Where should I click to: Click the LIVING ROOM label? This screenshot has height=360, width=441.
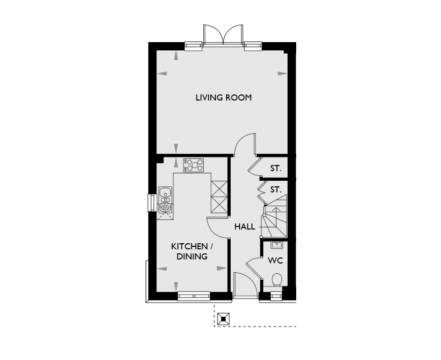coord(224,98)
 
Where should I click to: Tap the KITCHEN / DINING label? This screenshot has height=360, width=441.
coord(192,251)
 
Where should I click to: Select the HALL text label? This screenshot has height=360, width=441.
coord(245,227)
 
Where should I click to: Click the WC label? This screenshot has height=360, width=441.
coord(275,260)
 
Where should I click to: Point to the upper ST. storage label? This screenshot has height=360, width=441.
coord(275,169)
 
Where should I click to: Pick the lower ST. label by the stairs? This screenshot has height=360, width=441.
coord(275,190)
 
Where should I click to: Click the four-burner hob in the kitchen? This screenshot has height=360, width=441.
coord(193,165)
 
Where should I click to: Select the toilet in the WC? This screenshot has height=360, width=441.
coord(277,280)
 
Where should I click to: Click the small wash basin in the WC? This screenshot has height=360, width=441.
coord(277,245)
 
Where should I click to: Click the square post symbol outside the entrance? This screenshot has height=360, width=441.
coord(224,319)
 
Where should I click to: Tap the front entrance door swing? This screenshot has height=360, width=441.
coord(245,284)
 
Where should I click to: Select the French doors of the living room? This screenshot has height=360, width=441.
coord(224,35)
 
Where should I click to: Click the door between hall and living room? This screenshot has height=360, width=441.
coord(245,144)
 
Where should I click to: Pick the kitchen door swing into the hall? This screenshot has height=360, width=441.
coord(218,227)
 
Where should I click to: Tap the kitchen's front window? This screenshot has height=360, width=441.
coord(194,296)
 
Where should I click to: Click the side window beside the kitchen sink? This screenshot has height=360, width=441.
coord(152,203)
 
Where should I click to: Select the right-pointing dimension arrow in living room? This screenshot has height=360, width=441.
coord(282,74)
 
